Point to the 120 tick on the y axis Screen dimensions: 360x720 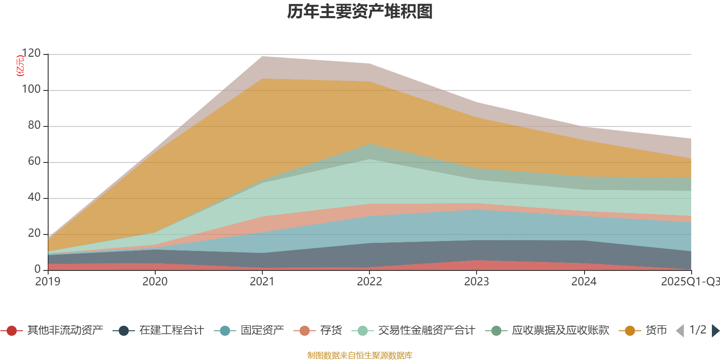(x=31, y=54)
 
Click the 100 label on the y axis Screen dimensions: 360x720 (x=31, y=90)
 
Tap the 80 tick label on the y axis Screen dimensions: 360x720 (x=34, y=126)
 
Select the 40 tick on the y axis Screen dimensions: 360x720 (x=34, y=198)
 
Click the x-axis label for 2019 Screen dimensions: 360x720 (x=48, y=282)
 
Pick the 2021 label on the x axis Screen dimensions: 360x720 (x=262, y=282)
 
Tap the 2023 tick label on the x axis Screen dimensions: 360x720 (x=477, y=282)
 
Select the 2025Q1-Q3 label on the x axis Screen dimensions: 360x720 (x=690, y=282)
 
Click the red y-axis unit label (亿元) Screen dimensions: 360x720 (x=20, y=66)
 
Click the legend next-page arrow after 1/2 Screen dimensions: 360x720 (x=715, y=331)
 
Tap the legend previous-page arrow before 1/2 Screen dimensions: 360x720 (x=680, y=331)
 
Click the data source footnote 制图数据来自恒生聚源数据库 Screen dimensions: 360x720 (x=360, y=355)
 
